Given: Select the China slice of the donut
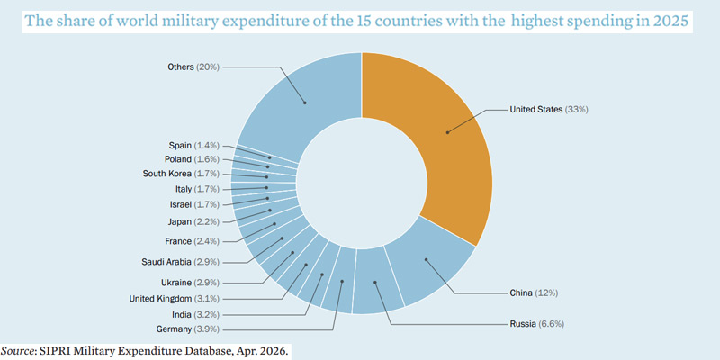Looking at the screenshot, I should point(427,261).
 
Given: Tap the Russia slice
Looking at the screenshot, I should point(376,285).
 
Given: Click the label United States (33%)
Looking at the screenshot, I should point(549,110).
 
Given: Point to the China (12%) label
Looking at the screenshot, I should point(534,293).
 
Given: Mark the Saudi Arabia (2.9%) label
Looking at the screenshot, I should point(180,261).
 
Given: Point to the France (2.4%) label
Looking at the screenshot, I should point(191,241).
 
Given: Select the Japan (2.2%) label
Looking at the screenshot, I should point(193,221).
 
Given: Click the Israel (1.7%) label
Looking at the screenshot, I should point(194,205).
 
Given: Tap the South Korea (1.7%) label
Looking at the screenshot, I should point(181,174).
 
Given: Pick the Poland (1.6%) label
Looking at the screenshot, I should point(192,159).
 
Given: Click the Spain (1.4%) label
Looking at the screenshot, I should point(193,145).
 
